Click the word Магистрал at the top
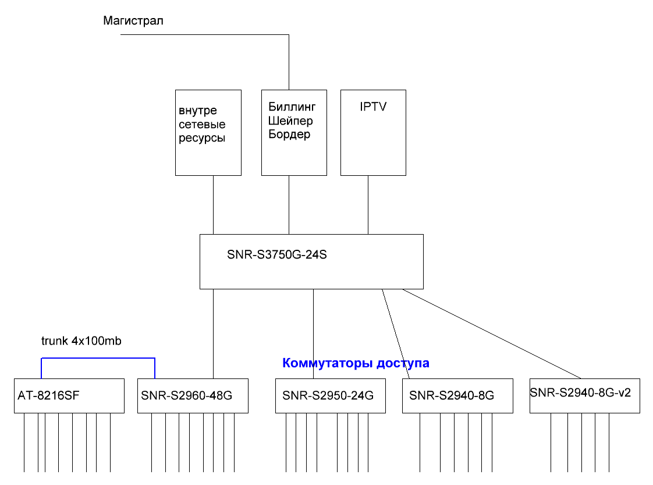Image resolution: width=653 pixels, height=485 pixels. (133, 22)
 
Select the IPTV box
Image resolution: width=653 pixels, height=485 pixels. (373, 140)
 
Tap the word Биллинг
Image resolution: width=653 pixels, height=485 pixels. (292, 107)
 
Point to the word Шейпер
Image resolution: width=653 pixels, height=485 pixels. (290, 121)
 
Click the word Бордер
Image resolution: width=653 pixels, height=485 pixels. (289, 135)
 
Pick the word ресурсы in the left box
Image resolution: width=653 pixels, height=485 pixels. (202, 139)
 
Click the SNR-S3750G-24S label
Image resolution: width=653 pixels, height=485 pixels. (277, 254)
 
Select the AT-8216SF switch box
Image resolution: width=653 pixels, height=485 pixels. (69, 396)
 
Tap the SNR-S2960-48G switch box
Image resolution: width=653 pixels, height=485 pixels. (193, 396)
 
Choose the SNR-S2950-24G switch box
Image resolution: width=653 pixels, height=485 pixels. (331, 396)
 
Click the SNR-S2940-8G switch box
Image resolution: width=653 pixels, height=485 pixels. (457, 396)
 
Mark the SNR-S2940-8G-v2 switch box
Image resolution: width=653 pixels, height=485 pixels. (585, 396)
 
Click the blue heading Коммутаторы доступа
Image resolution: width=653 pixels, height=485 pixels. (356, 363)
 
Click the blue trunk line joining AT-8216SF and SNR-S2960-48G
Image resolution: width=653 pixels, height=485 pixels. (98, 357)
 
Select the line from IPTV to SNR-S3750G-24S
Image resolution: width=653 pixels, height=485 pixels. (368, 204)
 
